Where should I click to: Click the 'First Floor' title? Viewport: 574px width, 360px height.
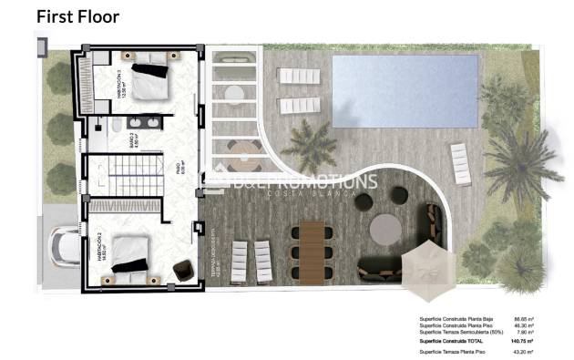77,16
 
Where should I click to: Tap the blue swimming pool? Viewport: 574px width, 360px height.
405,89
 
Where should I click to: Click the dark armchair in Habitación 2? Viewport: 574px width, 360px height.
182,270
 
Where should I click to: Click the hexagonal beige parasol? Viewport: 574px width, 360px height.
430,270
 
